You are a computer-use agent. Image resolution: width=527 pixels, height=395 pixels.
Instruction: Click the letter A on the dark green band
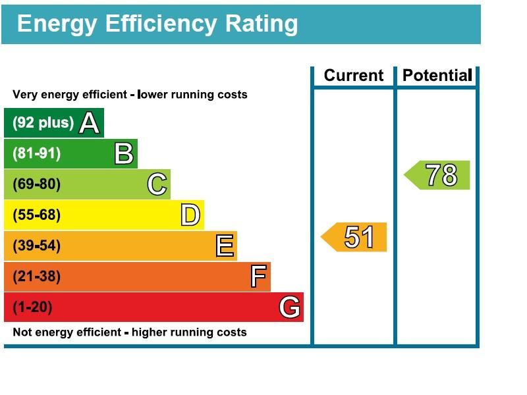89,123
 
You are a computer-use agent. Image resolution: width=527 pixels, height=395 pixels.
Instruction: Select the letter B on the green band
124,154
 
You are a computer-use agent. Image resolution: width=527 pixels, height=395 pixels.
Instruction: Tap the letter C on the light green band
157,184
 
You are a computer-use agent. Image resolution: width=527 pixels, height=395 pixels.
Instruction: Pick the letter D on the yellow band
190,215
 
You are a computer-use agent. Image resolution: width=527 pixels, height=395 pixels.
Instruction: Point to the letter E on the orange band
225,246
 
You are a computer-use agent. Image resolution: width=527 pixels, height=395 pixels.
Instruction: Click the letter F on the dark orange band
259,276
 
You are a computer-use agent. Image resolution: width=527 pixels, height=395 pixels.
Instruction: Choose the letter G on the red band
290,307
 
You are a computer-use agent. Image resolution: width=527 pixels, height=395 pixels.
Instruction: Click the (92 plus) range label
43,123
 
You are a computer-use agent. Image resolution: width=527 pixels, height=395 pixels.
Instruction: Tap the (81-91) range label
37,154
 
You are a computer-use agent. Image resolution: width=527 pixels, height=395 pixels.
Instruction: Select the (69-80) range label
37,184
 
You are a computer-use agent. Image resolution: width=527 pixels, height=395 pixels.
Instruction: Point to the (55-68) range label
37,215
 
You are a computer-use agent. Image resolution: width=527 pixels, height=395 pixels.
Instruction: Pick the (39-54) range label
37,246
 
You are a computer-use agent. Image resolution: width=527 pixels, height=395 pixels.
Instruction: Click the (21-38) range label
37,276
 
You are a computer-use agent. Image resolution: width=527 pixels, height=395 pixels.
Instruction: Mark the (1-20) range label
32,307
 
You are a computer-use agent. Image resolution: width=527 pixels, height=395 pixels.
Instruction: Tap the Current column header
353,76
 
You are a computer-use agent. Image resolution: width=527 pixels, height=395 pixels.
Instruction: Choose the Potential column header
437,76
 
